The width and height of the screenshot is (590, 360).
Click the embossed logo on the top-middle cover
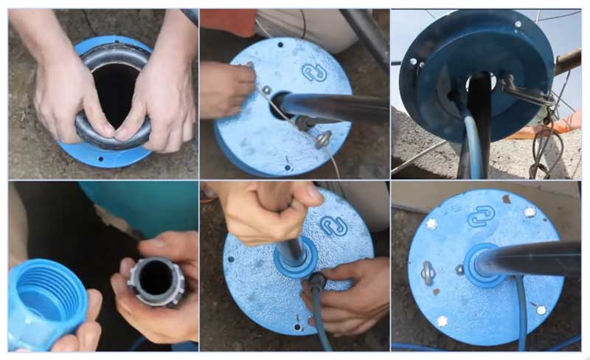click(x=313, y=72)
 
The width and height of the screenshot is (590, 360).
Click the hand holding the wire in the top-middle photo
click(x=225, y=89)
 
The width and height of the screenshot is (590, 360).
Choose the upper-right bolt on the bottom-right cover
click(x=530, y=212)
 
